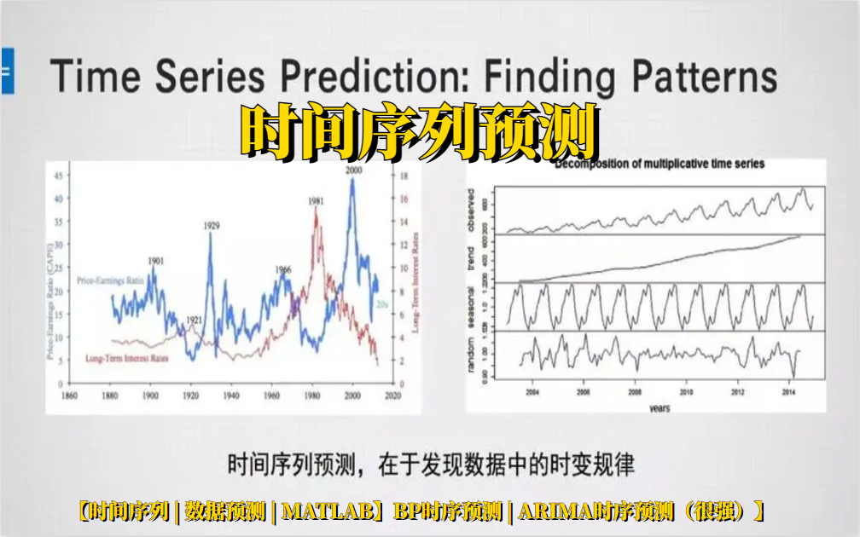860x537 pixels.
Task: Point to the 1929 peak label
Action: [212, 226]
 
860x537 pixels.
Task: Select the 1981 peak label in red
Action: [316, 201]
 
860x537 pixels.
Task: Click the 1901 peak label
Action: [155, 261]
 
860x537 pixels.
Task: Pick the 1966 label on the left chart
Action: [282, 269]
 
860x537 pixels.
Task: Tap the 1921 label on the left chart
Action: [195, 320]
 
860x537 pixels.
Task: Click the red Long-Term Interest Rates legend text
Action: [127, 358]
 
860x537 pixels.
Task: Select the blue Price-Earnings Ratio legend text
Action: [108, 280]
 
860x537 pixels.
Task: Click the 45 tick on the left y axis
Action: [59, 176]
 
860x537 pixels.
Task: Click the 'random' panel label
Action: [494, 355]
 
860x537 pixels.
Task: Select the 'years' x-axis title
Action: [659, 408]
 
